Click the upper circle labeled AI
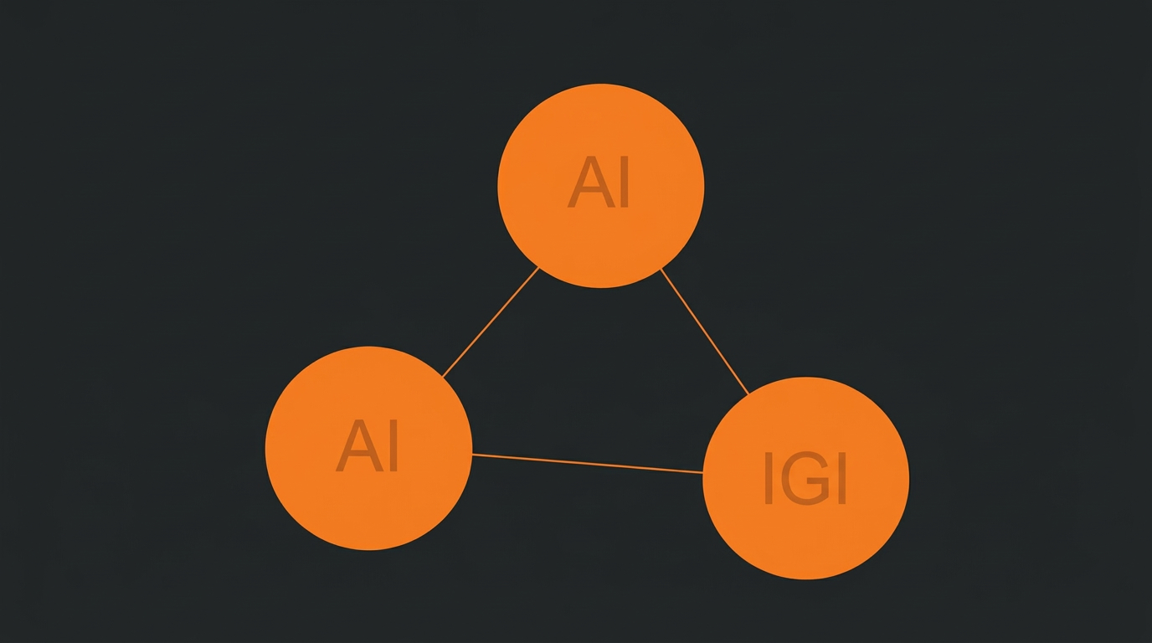pyautogui.click(x=600, y=186)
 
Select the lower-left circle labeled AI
pyautogui.click(x=368, y=449)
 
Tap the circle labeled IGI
pyautogui.click(x=806, y=478)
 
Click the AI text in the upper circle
pyautogui.click(x=598, y=183)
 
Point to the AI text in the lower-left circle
pyautogui.click(x=368, y=445)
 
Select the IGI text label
pyautogui.click(x=805, y=478)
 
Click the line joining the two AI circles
pyautogui.click(x=491, y=322)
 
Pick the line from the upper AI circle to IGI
pyautogui.click(x=705, y=332)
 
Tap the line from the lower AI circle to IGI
pyautogui.click(x=588, y=463)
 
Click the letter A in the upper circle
pyautogui.click(x=590, y=183)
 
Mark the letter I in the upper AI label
pyautogui.click(x=625, y=183)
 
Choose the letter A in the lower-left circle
pyautogui.click(x=359, y=445)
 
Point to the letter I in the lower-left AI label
pyautogui.click(x=394, y=445)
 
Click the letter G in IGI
pyautogui.click(x=805, y=478)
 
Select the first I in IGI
pyautogui.click(x=769, y=478)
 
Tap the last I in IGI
pyautogui.click(x=842, y=478)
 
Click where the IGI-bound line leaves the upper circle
pyautogui.click(x=661, y=270)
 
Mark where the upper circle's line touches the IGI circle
pyautogui.click(x=748, y=394)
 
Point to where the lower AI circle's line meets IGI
pyautogui.click(x=703, y=472)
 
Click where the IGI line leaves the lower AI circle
pyautogui.click(x=472, y=455)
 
